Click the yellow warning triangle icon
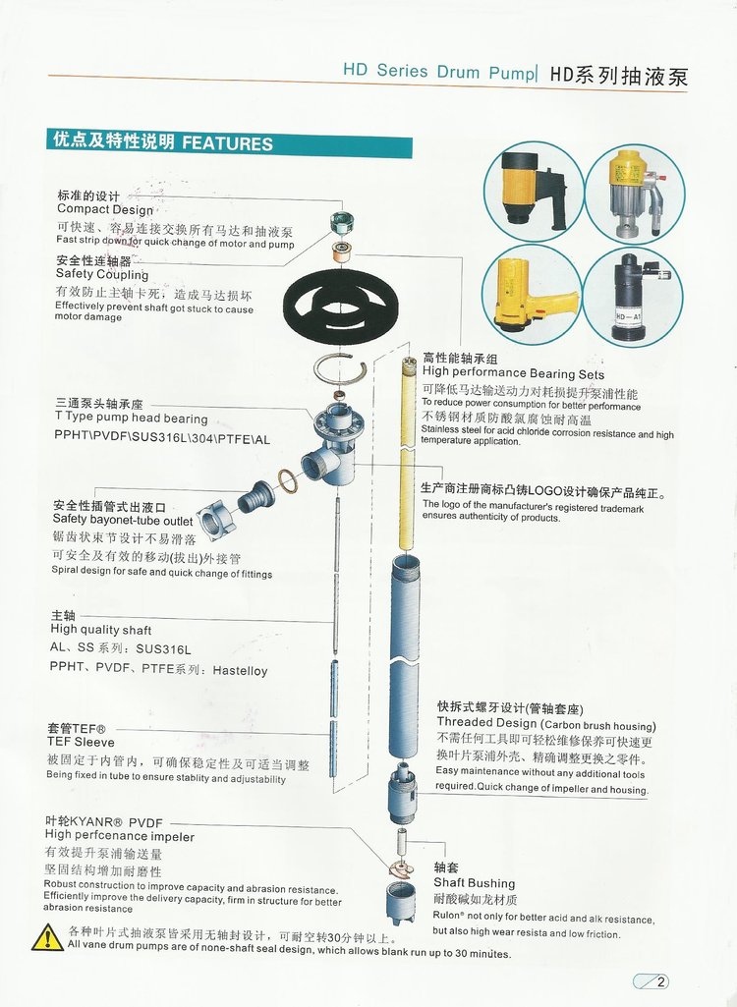pyautogui.click(x=47, y=937)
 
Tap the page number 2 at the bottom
pyautogui.click(x=660, y=981)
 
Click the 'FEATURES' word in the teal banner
pyautogui.click(x=227, y=143)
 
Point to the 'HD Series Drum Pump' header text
pyautogui.click(x=439, y=71)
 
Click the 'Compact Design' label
pyautogui.click(x=105, y=209)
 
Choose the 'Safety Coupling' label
pyautogui.click(x=102, y=275)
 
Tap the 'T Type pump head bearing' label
pyautogui.click(x=131, y=419)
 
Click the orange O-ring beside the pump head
pyautogui.click(x=288, y=481)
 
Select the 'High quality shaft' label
pyautogui.click(x=101, y=630)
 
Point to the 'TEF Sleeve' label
pyautogui.click(x=81, y=743)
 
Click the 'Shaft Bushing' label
pyautogui.click(x=475, y=883)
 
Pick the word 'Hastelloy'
pyautogui.click(x=241, y=670)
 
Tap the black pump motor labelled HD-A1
pyautogui.click(x=633, y=298)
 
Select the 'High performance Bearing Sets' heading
pyautogui.click(x=513, y=373)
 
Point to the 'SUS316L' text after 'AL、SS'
pyautogui.click(x=163, y=649)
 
